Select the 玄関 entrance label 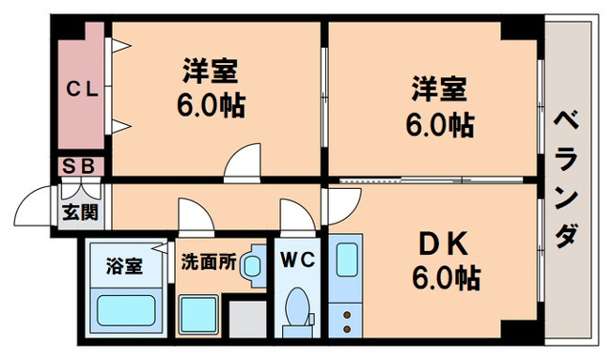pyautogui.click(x=80, y=211)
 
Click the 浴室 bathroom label pyautogui.click(x=127, y=265)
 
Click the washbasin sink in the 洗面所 pyautogui.click(x=251, y=266)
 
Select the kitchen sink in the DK pyautogui.click(x=346, y=258)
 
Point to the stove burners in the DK pyautogui.click(x=346, y=316)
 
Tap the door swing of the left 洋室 pyautogui.click(x=244, y=162)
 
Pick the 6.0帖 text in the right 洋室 pyautogui.click(x=440, y=121)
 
